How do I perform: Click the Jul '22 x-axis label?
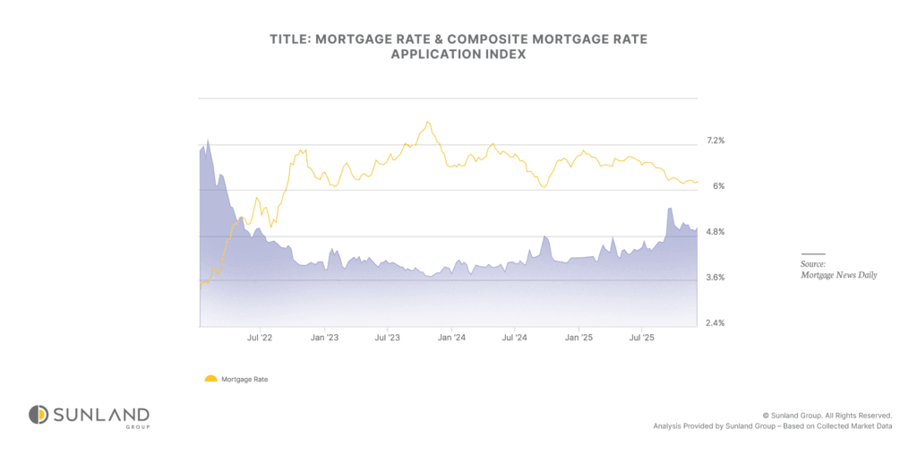[260, 338]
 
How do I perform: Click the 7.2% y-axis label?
[716, 141]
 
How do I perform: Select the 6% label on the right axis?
[718, 186]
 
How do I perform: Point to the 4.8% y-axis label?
[716, 232]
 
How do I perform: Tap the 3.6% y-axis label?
[716, 278]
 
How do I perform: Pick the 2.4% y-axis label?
[716, 322]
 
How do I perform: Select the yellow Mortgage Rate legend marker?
[210, 379]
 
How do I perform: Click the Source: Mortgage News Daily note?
[837, 270]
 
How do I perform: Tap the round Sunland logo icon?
[38, 415]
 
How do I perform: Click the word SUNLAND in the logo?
[100, 414]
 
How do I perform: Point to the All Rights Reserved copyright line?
[827, 416]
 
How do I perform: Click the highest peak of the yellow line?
[428, 122]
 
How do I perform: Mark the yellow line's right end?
[698, 182]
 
